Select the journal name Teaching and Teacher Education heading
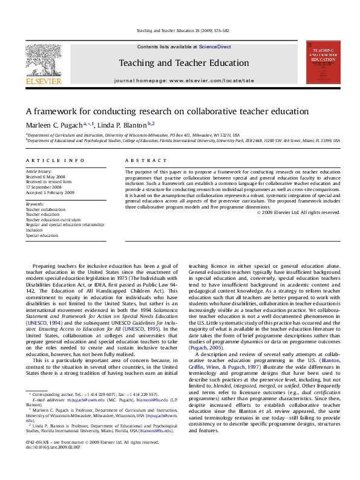183,63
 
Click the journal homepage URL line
184,80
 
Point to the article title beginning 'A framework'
167,111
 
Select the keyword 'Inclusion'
34,230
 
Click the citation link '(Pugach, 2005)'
206,348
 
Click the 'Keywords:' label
35,204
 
